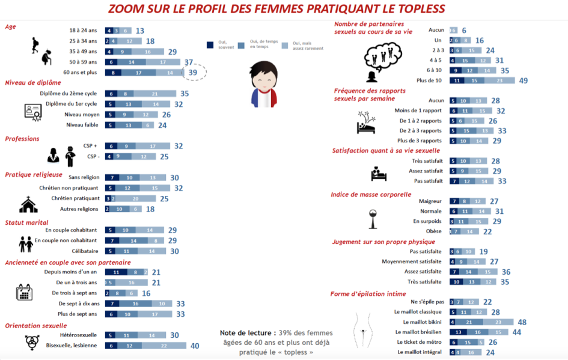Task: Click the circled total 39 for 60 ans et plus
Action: [193, 72]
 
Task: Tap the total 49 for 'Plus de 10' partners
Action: [523, 81]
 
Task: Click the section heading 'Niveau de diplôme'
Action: [33, 83]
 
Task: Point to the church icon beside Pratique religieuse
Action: [28, 205]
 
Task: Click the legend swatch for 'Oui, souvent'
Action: [210, 44]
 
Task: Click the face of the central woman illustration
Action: [263, 81]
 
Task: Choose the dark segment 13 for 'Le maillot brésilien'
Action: [458, 332]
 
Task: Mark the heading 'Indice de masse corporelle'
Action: [371, 194]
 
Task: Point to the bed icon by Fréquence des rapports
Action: [366, 124]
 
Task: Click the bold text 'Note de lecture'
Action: [248, 332]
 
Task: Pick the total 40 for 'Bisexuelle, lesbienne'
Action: [194, 346]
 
